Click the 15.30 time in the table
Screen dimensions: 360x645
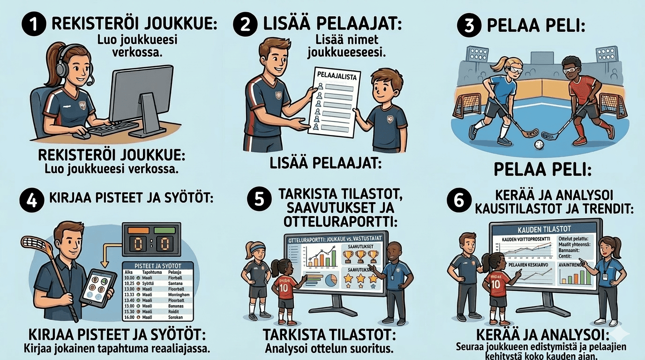(x=129, y=311)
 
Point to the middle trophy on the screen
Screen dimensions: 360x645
(x=360, y=256)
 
